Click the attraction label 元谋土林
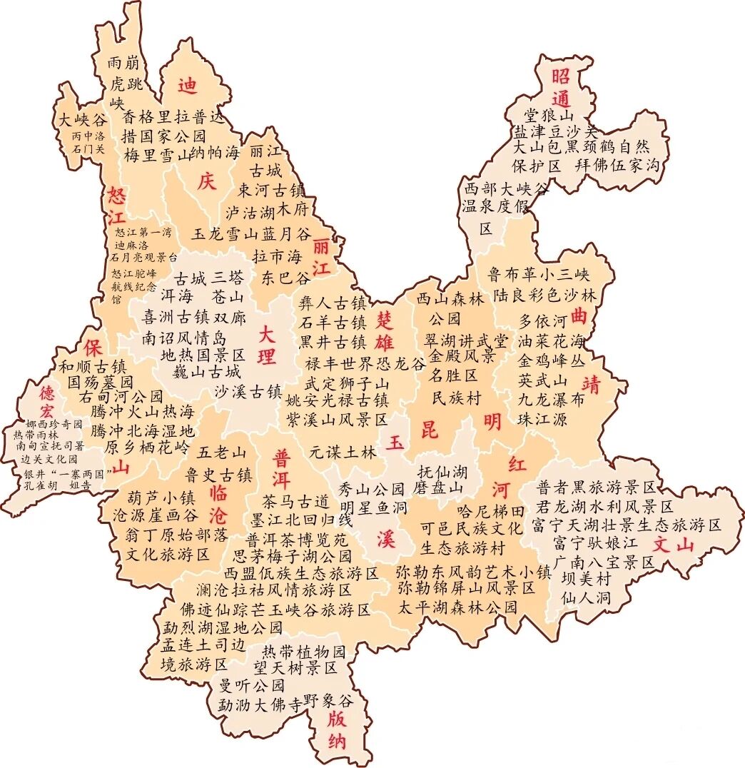(343, 451)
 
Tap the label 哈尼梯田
(490, 511)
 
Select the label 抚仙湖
(442, 471)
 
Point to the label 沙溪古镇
(248, 391)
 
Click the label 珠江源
(542, 419)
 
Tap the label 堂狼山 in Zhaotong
(549, 114)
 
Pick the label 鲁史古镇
(218, 475)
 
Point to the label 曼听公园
(252, 686)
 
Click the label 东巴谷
(286, 277)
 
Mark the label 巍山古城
(206, 372)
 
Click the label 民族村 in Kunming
(457, 398)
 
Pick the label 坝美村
(585, 578)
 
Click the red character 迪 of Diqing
(188, 86)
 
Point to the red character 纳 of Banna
(338, 740)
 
